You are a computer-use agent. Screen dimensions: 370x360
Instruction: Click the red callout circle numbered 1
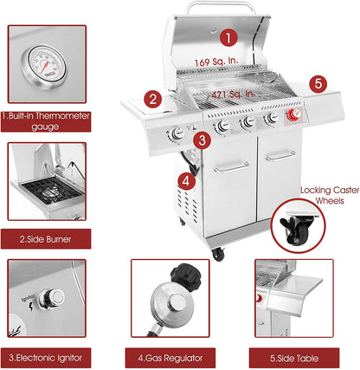(227, 37)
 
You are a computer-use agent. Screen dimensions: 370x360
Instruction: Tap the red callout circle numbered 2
(151, 99)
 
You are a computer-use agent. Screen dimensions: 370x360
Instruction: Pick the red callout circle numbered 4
(185, 180)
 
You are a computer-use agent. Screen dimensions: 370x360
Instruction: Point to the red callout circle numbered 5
(318, 83)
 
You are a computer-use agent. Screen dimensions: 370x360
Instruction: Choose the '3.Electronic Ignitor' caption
(47, 355)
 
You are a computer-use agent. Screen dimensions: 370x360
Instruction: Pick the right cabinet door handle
(280, 155)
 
